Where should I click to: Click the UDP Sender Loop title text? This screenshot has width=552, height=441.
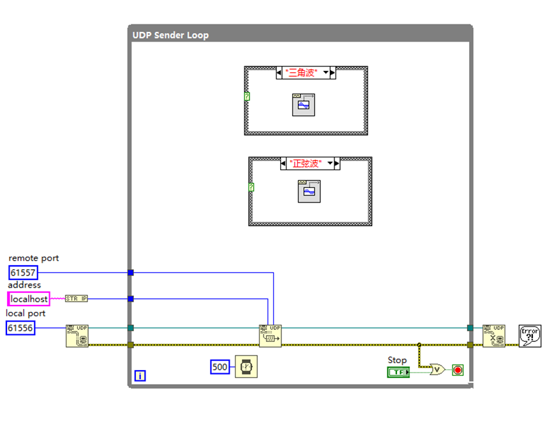pyautogui.click(x=170, y=35)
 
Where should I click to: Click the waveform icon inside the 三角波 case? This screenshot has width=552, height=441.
pyautogui.click(x=304, y=104)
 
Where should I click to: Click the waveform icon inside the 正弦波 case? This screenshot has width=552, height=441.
pyautogui.click(x=309, y=191)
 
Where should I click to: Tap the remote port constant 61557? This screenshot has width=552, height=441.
pyautogui.click(x=23, y=273)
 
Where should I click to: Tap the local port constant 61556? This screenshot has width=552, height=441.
pyautogui.click(x=20, y=328)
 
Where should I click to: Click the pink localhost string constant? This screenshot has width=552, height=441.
pyautogui.click(x=29, y=299)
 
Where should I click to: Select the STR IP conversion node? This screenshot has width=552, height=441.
pyautogui.click(x=77, y=298)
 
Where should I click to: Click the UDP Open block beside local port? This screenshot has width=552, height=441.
pyautogui.click(x=77, y=336)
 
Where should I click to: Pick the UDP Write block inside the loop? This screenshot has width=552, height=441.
pyautogui.click(x=270, y=336)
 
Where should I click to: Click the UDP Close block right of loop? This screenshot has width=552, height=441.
pyautogui.click(x=494, y=336)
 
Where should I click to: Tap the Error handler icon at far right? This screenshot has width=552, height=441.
pyautogui.click(x=530, y=336)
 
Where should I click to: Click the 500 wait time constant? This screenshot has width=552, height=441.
pyautogui.click(x=220, y=367)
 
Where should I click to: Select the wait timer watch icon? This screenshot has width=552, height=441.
pyautogui.click(x=246, y=367)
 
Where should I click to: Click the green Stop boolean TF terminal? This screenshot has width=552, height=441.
pyautogui.click(x=398, y=372)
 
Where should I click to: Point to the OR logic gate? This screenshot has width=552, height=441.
pyautogui.click(x=438, y=369)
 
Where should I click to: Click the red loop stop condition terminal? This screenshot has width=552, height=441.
pyautogui.click(x=458, y=369)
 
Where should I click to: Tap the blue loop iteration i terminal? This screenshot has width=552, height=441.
pyautogui.click(x=140, y=376)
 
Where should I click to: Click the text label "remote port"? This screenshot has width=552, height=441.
pyautogui.click(x=34, y=258)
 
